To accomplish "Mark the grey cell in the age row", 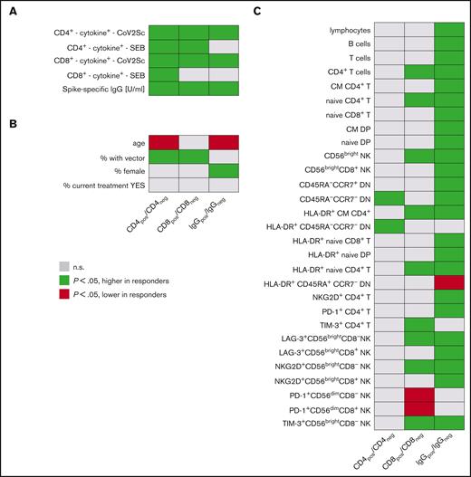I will [x=195, y=142].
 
